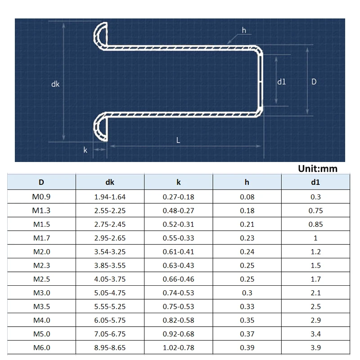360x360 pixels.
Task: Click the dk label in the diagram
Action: pos(55,84)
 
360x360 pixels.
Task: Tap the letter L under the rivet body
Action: pos(178,140)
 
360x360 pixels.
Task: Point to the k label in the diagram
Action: pos(85,150)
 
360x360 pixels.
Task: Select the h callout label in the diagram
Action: pos(244,30)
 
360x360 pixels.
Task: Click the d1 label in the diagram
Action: pos(281,81)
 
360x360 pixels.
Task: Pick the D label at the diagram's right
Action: pos(314,81)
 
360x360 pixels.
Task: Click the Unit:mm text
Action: pos(317,169)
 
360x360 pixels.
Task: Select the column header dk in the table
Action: pos(110,182)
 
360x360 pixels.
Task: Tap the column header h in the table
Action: pos(247,182)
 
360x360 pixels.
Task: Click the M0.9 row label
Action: pos(41,197)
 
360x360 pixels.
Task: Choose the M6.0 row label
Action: pos(41,348)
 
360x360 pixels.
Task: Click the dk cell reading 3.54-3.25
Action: pos(110,252)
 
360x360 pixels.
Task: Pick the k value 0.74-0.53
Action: pos(178,293)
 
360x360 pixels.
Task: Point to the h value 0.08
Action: pos(247,197)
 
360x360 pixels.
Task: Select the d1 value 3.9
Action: pos(315,348)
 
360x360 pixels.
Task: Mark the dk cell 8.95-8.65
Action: pos(110,348)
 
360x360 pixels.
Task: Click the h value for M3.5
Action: pos(247,306)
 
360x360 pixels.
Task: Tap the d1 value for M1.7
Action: pos(315,238)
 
